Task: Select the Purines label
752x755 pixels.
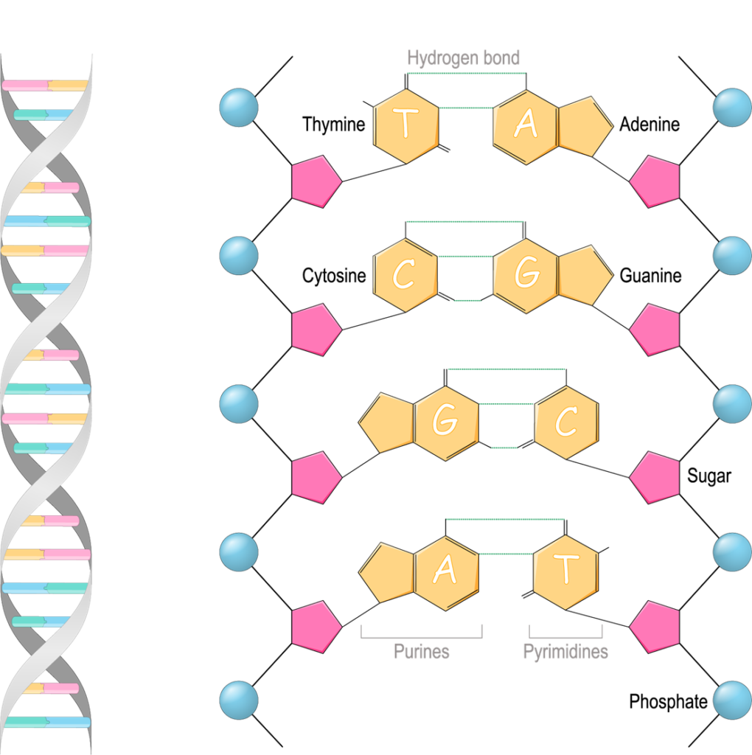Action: pos(421,652)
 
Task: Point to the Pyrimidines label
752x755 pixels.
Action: pos(565,652)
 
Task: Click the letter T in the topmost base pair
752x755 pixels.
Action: pos(405,125)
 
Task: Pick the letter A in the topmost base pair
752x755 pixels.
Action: pos(525,125)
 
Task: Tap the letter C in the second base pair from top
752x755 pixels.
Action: pos(403,274)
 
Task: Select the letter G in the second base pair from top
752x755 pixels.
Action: pos(526,274)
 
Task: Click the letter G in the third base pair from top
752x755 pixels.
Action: pos(445,421)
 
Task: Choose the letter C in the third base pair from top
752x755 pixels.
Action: pos(565,422)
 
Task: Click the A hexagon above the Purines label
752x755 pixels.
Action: pos(445,571)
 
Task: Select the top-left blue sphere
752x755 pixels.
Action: pos(239,108)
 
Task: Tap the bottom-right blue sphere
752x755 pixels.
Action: pos(732,700)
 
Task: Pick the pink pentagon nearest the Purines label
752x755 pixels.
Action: pos(316,627)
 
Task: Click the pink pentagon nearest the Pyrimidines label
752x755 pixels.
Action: pos(655,627)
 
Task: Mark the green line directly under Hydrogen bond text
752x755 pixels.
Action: pos(466,73)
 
